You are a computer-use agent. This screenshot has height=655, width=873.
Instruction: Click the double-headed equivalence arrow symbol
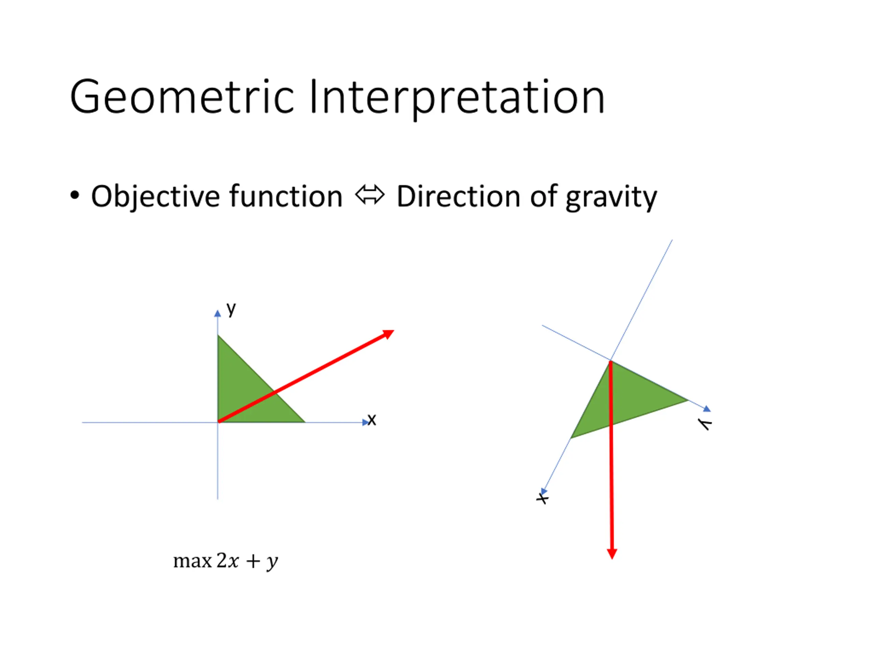point(370,195)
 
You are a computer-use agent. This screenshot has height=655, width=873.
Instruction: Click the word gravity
point(611,198)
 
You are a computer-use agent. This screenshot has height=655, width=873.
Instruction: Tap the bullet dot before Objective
point(75,195)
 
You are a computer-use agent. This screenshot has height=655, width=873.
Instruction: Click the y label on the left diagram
point(231,309)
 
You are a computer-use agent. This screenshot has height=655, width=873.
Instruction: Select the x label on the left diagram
point(372,420)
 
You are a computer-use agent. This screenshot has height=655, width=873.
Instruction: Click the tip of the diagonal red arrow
point(394,331)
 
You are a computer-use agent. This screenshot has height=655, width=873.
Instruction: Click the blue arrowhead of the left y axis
point(218,313)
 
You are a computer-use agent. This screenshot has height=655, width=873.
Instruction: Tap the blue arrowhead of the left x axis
point(366,422)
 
